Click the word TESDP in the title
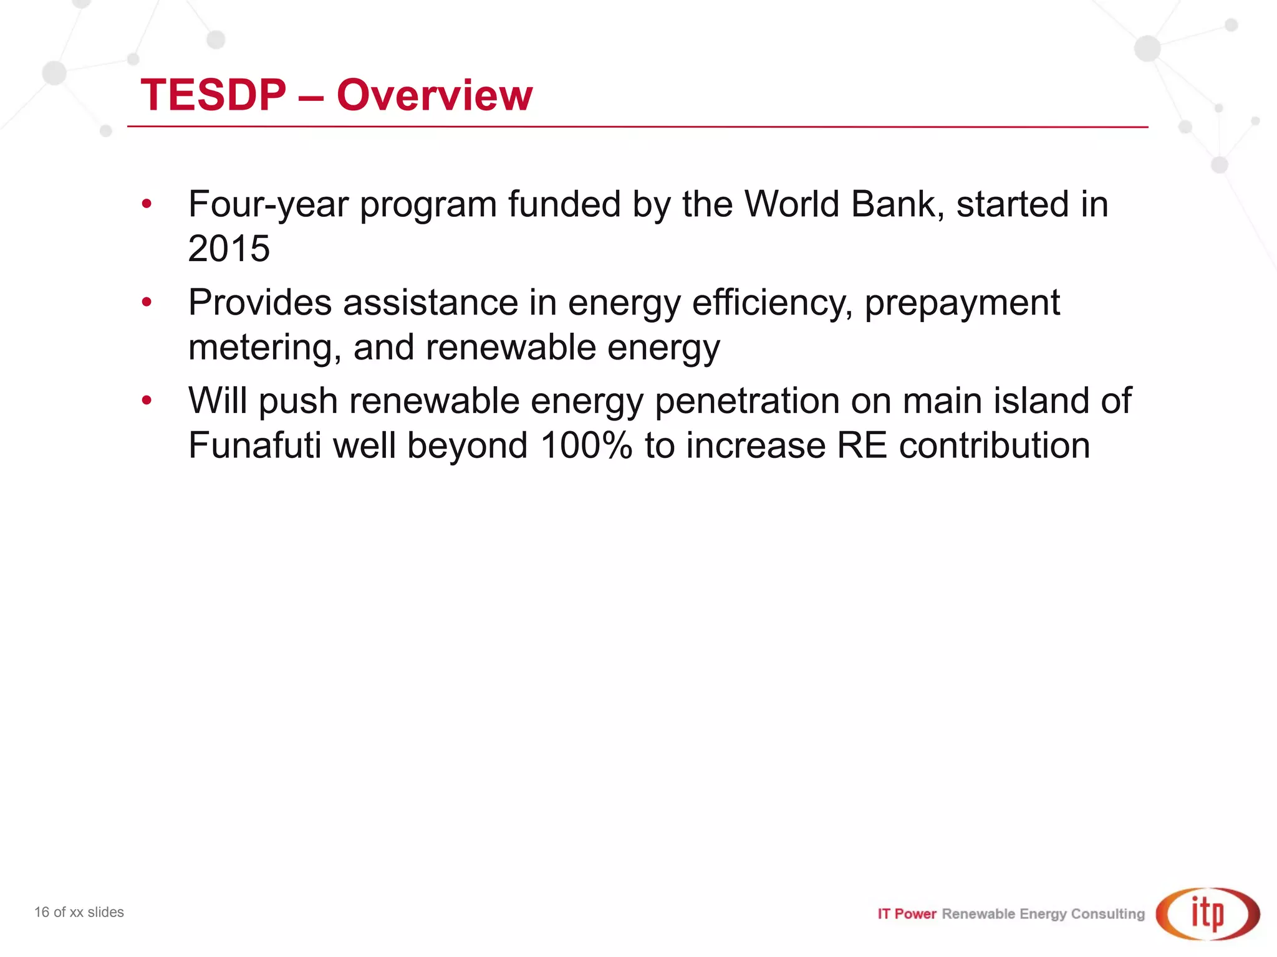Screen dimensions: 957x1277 [x=213, y=95]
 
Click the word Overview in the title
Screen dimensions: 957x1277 [x=435, y=95]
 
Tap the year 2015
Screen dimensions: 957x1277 [x=229, y=249]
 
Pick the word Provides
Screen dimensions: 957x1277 [x=259, y=303]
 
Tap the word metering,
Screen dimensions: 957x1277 [x=264, y=348]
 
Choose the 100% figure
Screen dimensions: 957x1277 [x=586, y=445]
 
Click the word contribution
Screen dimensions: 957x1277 [x=994, y=445]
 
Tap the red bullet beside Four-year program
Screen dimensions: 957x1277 [x=147, y=204]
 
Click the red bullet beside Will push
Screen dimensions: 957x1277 [x=147, y=401]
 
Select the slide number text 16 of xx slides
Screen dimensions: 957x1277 [x=79, y=912]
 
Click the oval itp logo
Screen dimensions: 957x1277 [x=1208, y=913]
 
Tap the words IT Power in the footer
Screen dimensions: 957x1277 [x=907, y=914]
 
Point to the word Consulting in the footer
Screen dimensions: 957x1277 [x=1107, y=914]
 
